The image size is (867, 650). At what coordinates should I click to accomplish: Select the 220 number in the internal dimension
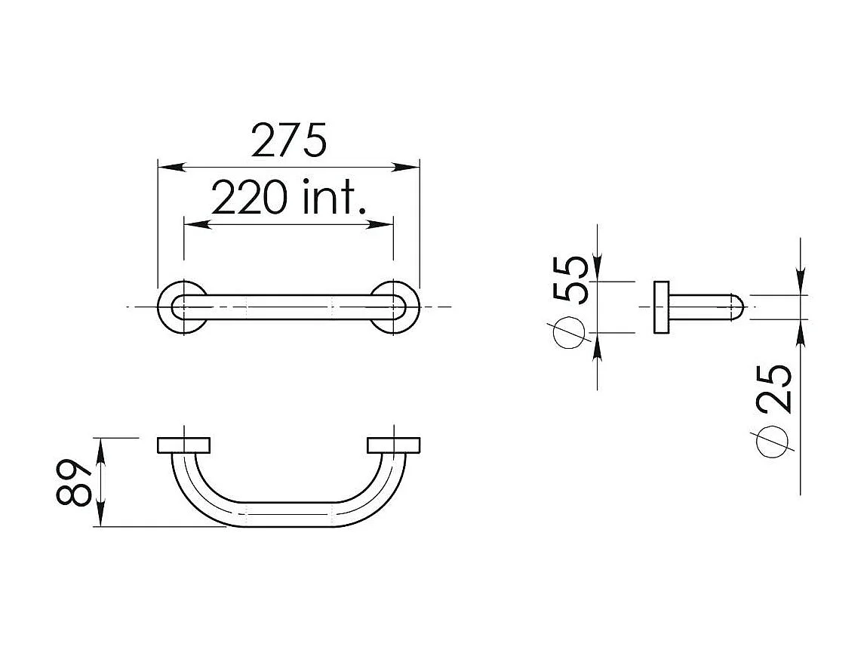[x=249, y=198]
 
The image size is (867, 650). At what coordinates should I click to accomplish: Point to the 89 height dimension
[x=73, y=482]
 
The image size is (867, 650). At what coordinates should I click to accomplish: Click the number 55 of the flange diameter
[x=569, y=280]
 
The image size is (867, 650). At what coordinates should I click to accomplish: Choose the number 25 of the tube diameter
[x=774, y=388]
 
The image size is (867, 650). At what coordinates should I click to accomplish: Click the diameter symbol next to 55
[x=569, y=332]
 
